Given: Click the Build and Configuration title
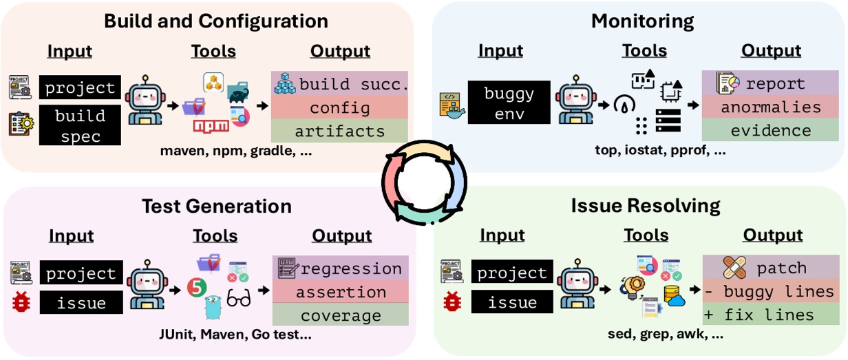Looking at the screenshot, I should click(x=215, y=21).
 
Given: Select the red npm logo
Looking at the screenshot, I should click(x=211, y=126).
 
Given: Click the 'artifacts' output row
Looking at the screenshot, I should click(x=339, y=131).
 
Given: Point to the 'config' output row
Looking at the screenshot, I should click(x=339, y=107).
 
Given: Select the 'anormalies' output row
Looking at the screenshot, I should click(x=771, y=107).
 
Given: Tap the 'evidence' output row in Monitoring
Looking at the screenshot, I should click(x=771, y=131).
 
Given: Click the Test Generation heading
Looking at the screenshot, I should click(x=216, y=207).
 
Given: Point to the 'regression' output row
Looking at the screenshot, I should click(x=341, y=268).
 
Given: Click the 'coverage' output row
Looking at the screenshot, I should click(x=341, y=316).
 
